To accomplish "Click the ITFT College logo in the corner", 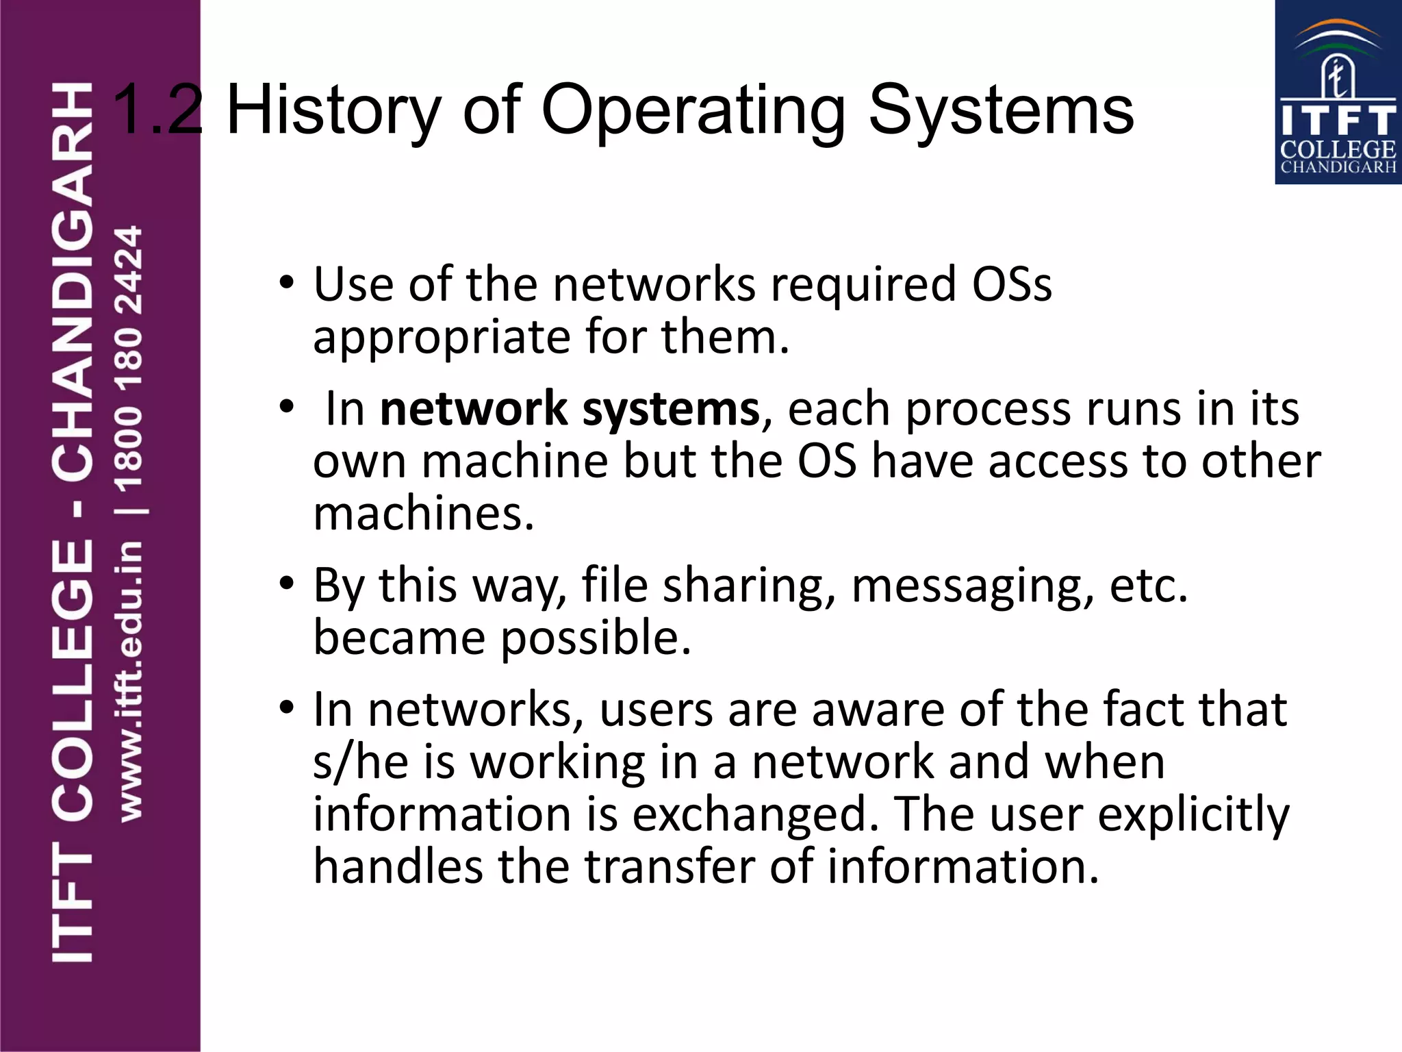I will (1338, 92).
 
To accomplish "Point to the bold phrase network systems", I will (570, 409).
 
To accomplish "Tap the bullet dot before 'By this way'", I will (287, 584).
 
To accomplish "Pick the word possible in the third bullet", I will (596, 638).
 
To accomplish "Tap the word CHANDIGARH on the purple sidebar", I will (73, 281).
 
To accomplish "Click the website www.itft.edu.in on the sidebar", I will (130, 681).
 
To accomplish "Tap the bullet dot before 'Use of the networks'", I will (287, 282).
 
